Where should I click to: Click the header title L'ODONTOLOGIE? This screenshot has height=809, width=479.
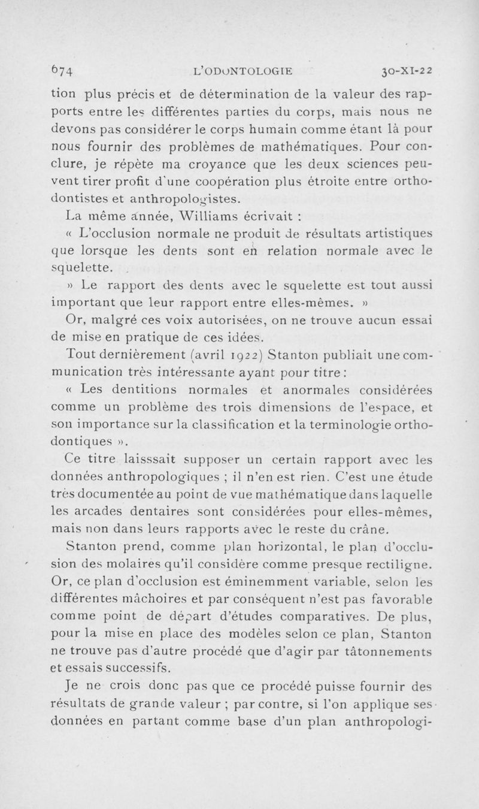243,71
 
